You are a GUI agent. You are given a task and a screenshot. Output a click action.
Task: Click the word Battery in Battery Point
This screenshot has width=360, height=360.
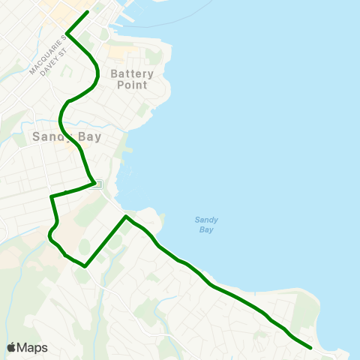(132, 73)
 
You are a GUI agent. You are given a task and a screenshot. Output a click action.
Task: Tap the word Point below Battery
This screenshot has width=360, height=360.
(132, 85)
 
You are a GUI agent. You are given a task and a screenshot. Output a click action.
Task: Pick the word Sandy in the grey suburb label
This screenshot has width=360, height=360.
(51, 136)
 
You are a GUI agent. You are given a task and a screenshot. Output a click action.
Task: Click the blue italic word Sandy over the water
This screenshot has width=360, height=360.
(206, 220)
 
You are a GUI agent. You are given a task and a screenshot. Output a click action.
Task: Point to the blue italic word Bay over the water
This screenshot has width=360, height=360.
(206, 229)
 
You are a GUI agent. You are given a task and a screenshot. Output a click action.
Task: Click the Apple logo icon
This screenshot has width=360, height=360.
(11, 347)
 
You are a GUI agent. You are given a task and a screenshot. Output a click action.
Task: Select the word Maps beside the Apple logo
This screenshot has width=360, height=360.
(32, 347)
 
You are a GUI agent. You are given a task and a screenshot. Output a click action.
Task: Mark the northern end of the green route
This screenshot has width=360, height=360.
(88, 12)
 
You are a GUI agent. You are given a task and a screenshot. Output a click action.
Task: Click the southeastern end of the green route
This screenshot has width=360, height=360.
(310, 347)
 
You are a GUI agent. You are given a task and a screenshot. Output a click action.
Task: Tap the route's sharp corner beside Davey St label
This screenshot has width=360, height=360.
(67, 33)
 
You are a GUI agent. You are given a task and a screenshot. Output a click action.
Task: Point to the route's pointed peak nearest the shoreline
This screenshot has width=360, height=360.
(127, 217)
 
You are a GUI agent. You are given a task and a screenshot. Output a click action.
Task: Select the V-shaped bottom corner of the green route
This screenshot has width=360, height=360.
(85, 265)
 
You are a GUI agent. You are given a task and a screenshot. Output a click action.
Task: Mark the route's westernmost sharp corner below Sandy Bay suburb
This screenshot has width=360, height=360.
(51, 196)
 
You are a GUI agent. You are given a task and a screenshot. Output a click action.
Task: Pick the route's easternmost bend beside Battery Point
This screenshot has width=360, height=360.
(99, 73)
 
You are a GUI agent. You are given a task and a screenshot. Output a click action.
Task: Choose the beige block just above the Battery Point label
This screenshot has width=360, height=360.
(120, 52)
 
